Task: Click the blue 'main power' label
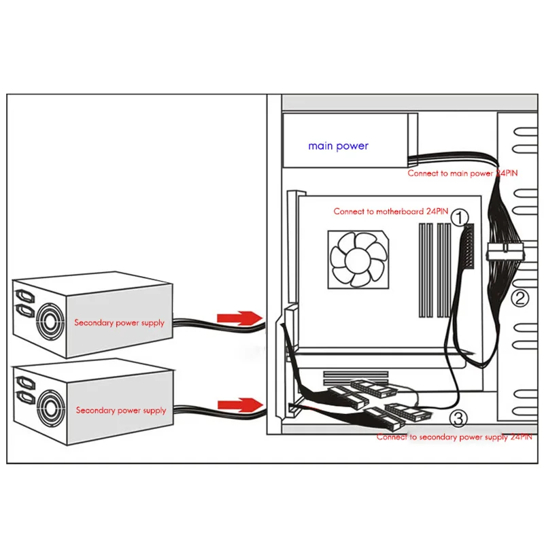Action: click(338, 146)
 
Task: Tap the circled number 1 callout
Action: click(460, 218)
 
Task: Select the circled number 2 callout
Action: click(520, 296)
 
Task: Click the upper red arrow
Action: click(238, 317)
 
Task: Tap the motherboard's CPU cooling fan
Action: click(358, 258)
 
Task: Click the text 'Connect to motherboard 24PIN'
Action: click(390, 211)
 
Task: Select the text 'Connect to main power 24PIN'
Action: click(462, 173)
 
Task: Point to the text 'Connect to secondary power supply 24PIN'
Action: click(454, 437)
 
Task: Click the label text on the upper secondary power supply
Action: click(119, 322)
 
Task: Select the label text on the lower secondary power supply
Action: click(120, 410)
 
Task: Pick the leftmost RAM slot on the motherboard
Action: click(422, 272)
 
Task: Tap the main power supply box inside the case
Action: click(347, 141)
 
